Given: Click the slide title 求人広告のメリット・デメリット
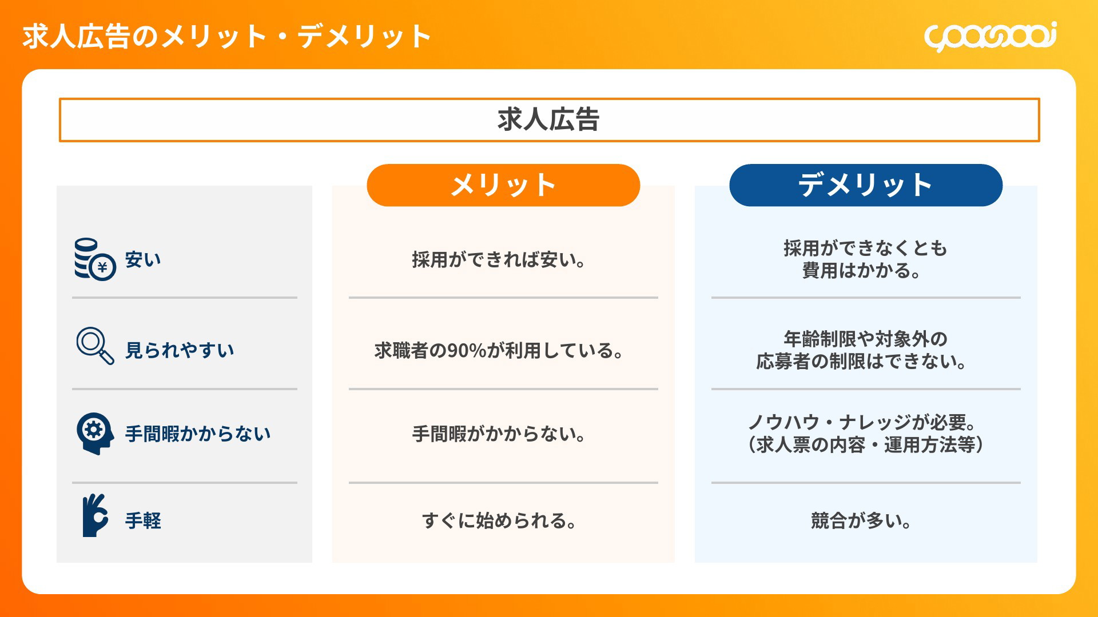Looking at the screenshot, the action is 226,37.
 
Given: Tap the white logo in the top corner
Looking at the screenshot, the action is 990,37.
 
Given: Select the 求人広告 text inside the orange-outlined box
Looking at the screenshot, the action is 548,120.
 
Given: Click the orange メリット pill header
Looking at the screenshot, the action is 503,185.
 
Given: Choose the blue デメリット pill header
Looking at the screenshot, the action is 866,185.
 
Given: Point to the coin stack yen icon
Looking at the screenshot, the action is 94,259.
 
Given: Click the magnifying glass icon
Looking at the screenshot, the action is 95,346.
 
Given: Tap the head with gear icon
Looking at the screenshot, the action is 94,434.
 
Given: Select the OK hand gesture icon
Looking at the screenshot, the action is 95,515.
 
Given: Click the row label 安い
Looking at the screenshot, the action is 143,260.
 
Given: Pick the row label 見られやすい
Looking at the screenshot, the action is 180,350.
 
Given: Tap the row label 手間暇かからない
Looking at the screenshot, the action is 198,434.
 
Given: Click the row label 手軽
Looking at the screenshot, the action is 143,521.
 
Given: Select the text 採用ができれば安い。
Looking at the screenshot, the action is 499,260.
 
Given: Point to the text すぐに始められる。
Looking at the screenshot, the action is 499,521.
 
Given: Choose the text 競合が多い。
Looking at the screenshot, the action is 861,521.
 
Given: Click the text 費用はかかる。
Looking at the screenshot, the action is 861,271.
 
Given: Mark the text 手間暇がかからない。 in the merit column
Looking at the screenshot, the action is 499,434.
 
